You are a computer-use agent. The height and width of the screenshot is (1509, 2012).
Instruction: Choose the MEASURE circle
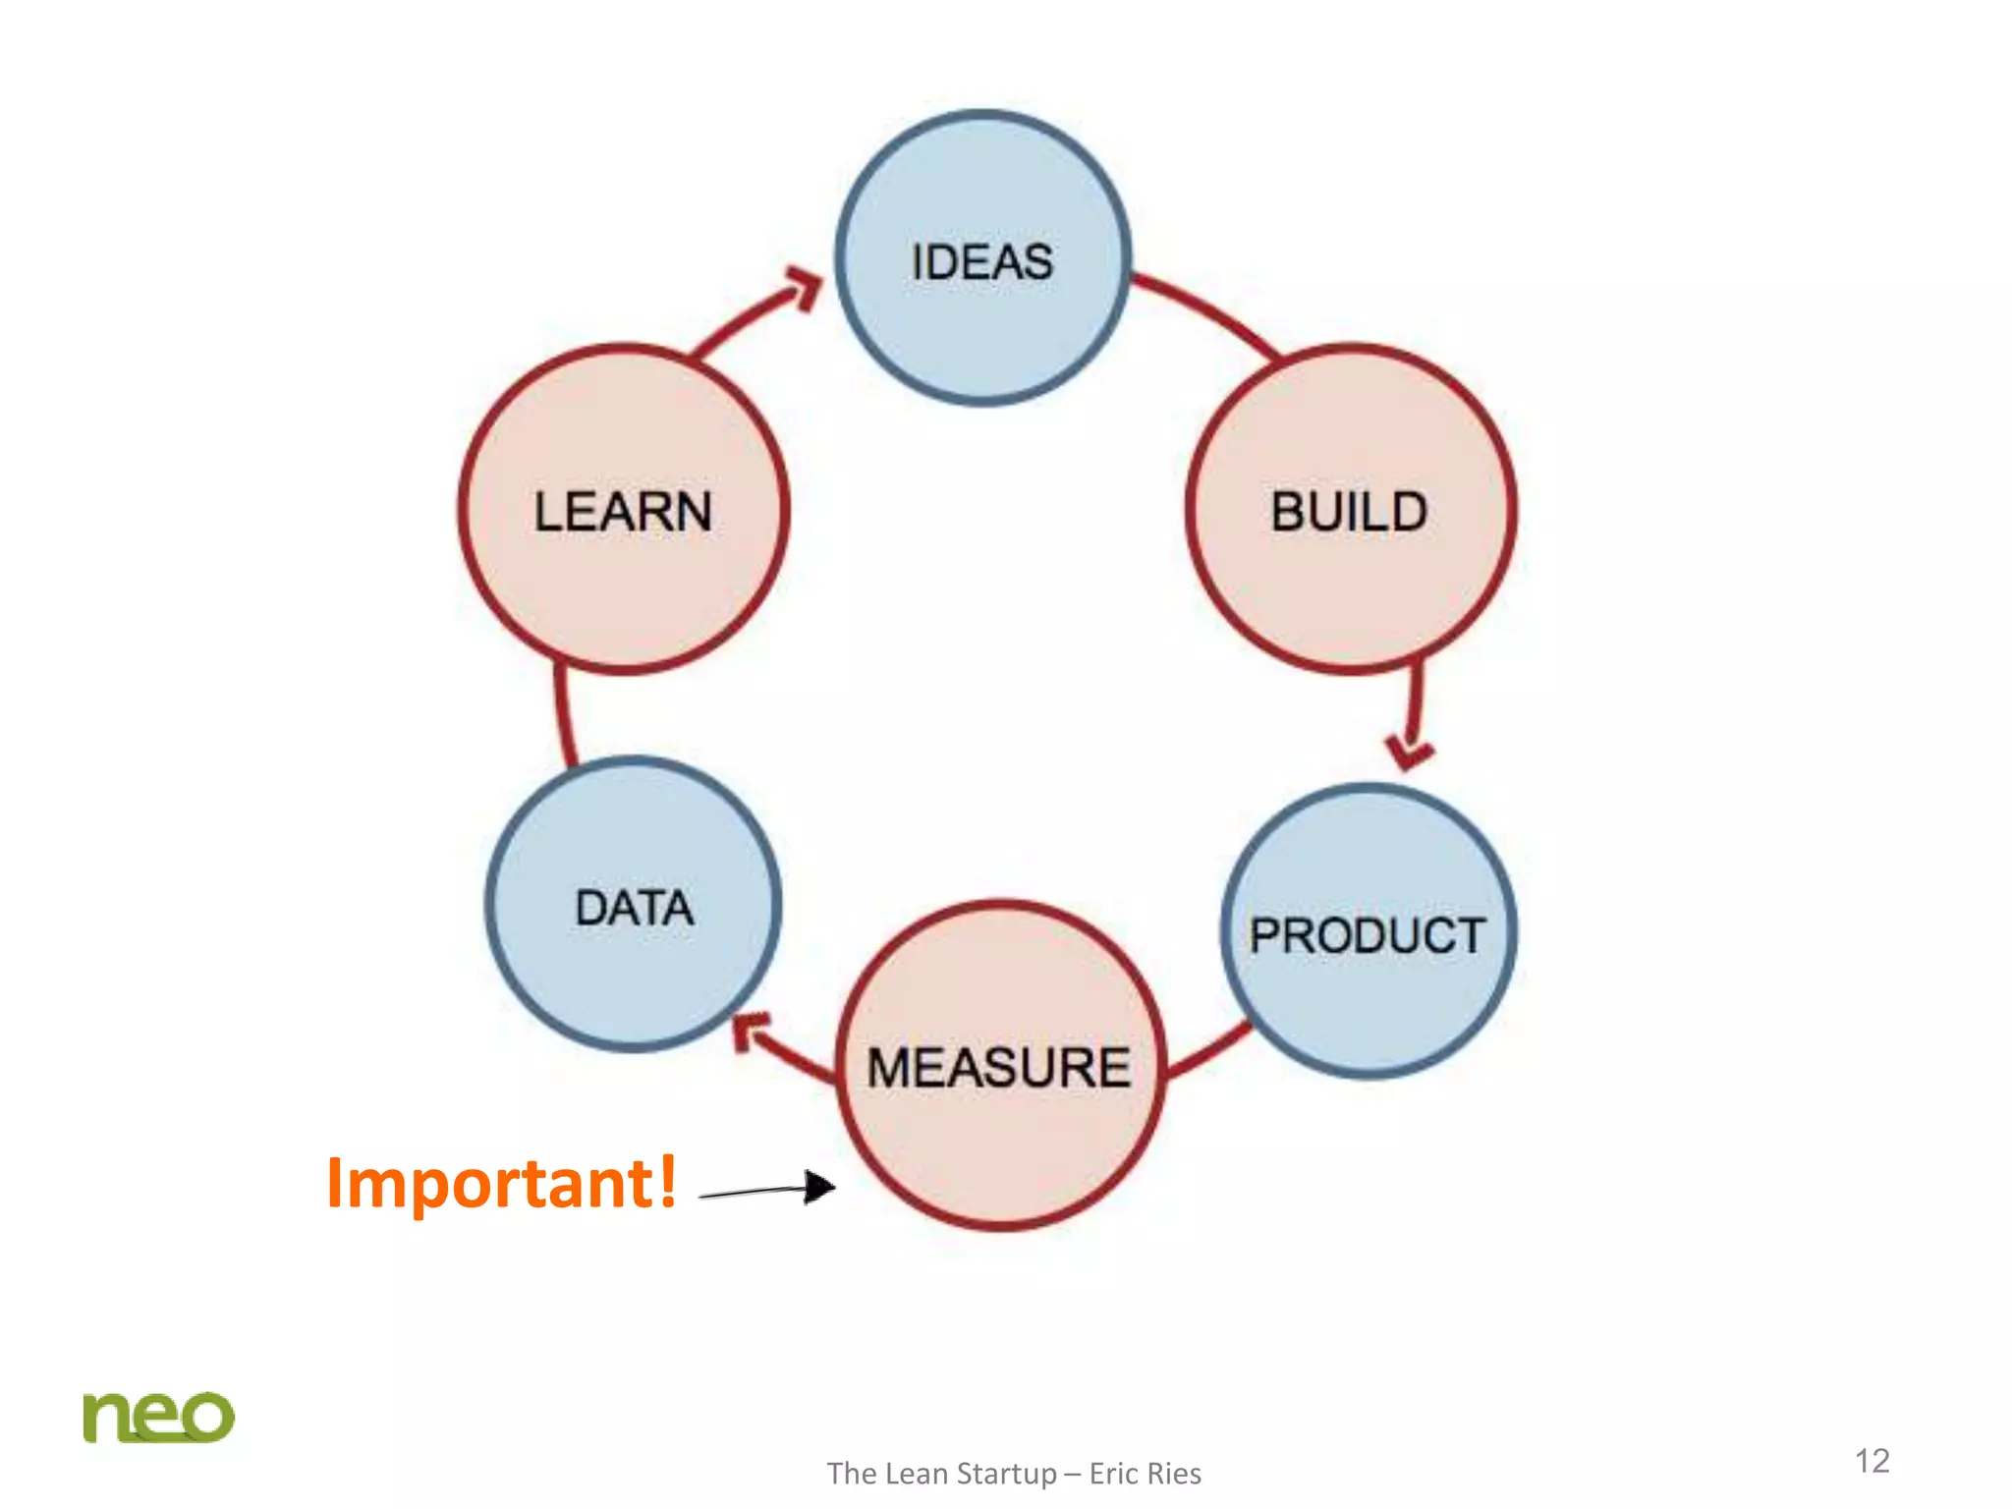click(1000, 1065)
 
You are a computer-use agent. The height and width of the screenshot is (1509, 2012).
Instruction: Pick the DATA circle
click(634, 904)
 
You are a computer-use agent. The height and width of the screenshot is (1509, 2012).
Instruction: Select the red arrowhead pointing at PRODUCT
click(1411, 753)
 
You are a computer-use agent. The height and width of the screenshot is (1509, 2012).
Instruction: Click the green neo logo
click(158, 1417)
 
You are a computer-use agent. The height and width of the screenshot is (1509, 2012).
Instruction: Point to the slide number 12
click(1872, 1460)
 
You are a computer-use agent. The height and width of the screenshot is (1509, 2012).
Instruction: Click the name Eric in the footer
click(1114, 1474)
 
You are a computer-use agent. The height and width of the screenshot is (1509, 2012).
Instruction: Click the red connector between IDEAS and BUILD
click(1208, 310)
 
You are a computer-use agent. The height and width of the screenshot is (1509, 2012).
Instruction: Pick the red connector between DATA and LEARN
click(563, 715)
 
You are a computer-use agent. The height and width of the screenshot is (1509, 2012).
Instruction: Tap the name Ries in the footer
click(1175, 1474)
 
